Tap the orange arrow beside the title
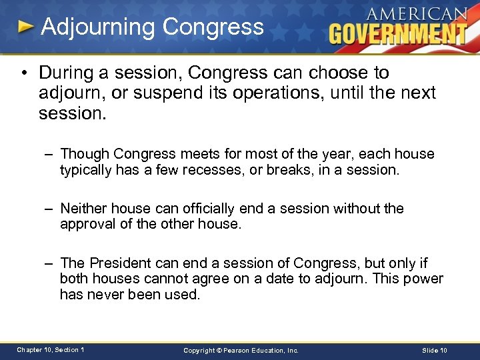click(25, 27)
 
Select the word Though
click(85, 154)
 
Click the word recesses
click(201, 170)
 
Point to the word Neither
click(85, 209)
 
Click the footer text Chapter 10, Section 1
click(51, 350)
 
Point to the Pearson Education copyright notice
click(241, 350)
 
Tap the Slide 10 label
click(435, 350)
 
